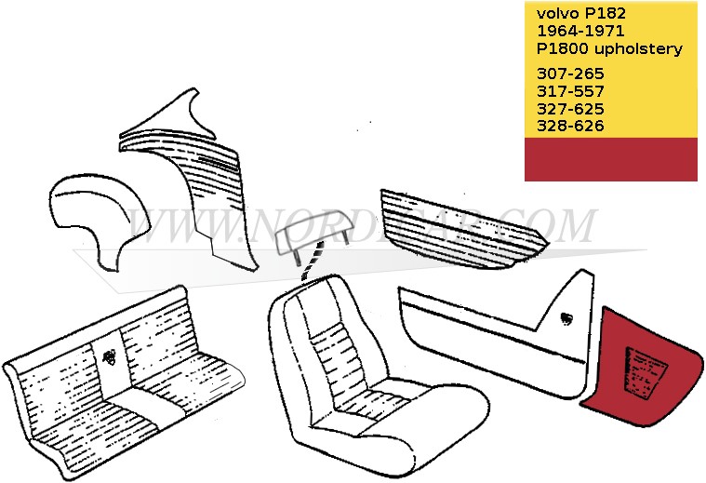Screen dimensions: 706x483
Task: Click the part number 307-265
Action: pos(570,74)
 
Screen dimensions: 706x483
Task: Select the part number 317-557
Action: pos(570,91)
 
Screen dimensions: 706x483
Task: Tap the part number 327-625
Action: pos(570,109)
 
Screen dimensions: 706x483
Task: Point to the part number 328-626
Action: pos(570,126)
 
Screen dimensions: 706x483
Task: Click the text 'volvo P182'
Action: pos(580,14)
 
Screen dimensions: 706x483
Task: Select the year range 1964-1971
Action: pos(580,31)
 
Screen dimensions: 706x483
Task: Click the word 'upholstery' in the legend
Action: pos(638,48)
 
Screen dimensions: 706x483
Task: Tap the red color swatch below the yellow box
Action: pos(611,159)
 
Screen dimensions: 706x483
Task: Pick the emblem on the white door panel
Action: pos(566,318)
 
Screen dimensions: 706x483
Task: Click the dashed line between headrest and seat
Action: pos(313,262)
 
